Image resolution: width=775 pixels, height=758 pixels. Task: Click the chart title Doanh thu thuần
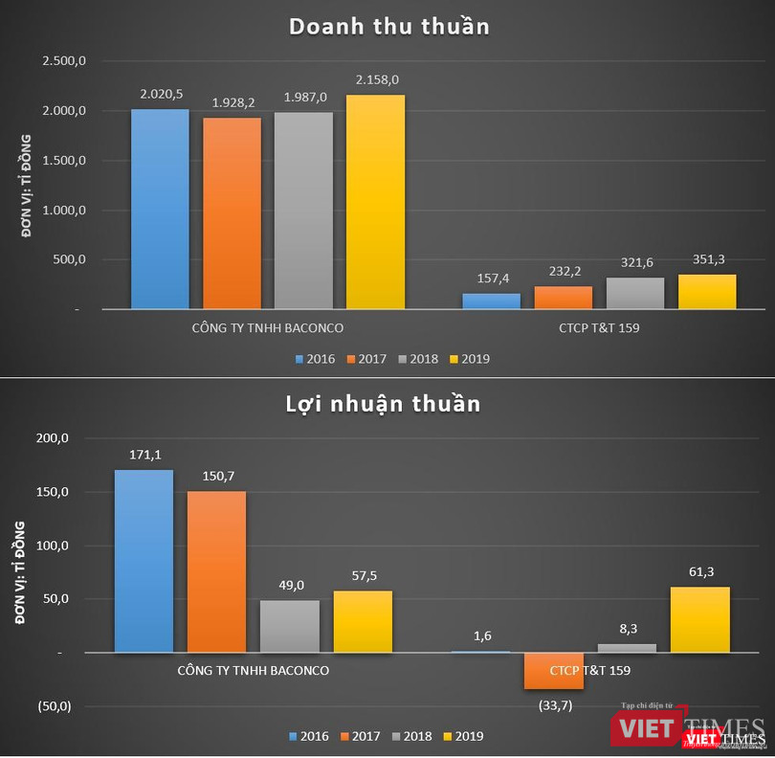click(389, 26)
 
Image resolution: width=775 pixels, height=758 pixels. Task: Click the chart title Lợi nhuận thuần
click(383, 404)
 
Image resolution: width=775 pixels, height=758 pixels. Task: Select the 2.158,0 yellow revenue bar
click(375, 201)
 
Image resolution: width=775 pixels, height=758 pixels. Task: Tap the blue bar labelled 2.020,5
click(160, 209)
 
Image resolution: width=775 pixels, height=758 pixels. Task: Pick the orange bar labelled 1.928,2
click(232, 212)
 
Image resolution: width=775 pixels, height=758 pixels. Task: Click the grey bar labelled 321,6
click(634, 293)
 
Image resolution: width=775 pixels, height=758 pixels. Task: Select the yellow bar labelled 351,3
click(707, 291)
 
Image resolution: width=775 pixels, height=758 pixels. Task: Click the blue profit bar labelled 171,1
click(144, 561)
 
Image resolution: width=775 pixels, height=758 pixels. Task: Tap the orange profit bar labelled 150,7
click(216, 571)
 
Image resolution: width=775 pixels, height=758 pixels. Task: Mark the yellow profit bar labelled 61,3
click(700, 619)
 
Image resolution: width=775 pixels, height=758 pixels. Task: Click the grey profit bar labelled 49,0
click(289, 626)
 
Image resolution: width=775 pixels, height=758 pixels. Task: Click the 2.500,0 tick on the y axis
click(64, 61)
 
